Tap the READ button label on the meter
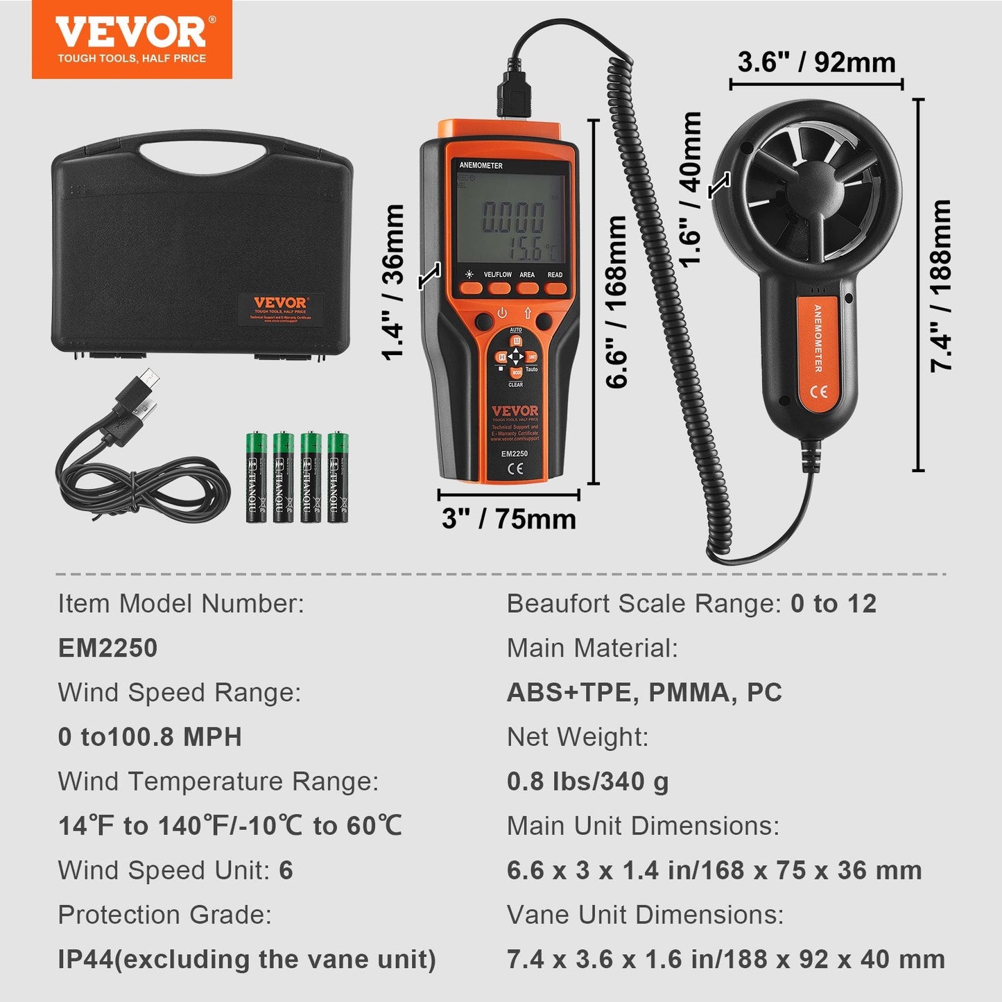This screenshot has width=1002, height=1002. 555,275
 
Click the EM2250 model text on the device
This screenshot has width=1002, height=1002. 515,454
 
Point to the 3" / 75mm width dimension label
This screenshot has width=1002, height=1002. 508,519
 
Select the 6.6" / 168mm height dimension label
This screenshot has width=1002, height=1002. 616,302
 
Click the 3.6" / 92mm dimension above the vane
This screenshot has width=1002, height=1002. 816,62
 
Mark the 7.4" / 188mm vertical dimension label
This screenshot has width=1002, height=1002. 941,286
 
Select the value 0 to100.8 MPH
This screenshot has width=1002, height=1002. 150,736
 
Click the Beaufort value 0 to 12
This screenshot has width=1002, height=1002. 833,603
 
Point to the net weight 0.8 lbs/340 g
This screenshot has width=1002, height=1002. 587,781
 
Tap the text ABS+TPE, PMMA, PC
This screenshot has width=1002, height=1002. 644,692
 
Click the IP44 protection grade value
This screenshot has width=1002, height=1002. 247,959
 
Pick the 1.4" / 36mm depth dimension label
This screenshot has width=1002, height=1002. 393,282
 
